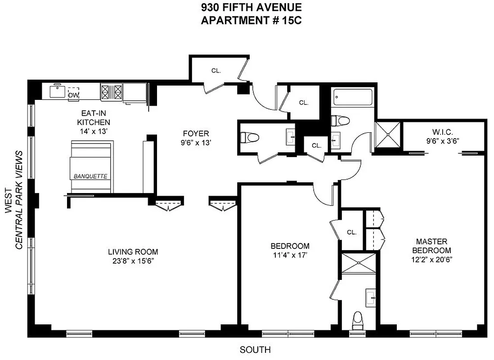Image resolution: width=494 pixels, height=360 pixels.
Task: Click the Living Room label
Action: tap(133, 252)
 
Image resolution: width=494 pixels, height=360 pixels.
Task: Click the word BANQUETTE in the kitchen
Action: tap(90, 176)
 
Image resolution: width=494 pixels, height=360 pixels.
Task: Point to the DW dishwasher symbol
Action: tap(73, 95)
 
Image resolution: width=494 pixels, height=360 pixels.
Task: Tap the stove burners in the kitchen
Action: tap(112, 92)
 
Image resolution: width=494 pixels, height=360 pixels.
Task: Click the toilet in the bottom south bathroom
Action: tap(358, 320)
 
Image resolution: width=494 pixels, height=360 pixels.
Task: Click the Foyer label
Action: tap(196, 134)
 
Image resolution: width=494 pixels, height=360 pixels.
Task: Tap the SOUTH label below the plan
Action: tap(255, 350)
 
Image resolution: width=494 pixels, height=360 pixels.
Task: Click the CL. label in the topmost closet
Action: tap(217, 70)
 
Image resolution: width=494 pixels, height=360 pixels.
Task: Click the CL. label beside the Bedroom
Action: tap(352, 233)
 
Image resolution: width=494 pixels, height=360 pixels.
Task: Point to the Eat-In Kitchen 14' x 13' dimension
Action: tap(93, 131)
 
